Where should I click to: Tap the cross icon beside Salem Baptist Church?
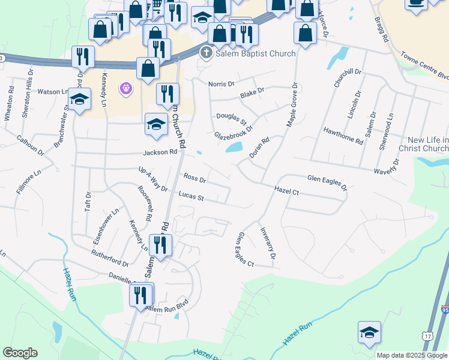click(206, 53)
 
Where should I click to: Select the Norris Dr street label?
click(221, 84)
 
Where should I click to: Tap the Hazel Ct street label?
click(286, 190)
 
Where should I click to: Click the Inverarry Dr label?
click(267, 242)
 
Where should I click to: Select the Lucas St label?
click(191, 196)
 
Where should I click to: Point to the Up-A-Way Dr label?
click(153, 179)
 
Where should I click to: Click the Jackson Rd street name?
click(160, 152)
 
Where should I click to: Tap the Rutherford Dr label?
click(110, 258)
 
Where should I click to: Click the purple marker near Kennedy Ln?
click(125, 89)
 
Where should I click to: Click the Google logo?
click(20, 353)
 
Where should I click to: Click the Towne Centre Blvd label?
click(426, 66)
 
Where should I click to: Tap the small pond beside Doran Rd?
click(234, 147)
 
